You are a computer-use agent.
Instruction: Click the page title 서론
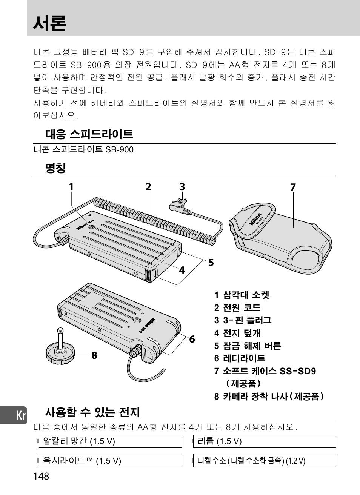[50, 23]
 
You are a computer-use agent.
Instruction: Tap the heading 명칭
[55, 168]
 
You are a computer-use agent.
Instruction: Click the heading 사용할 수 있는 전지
[92, 412]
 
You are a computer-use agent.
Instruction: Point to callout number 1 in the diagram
[71, 187]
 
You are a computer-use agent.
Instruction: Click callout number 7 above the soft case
[293, 187]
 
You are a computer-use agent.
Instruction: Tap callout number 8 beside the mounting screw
[94, 355]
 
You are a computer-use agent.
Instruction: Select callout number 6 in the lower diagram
[192, 339]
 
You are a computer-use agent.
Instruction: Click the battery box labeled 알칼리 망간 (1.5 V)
[110, 441]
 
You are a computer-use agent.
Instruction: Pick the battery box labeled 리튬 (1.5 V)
[264, 441]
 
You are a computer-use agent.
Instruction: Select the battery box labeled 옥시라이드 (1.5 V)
[110, 461]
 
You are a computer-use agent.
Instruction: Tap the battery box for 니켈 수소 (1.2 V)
[264, 461]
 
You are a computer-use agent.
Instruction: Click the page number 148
[41, 476]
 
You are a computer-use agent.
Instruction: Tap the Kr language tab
[21, 416]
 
